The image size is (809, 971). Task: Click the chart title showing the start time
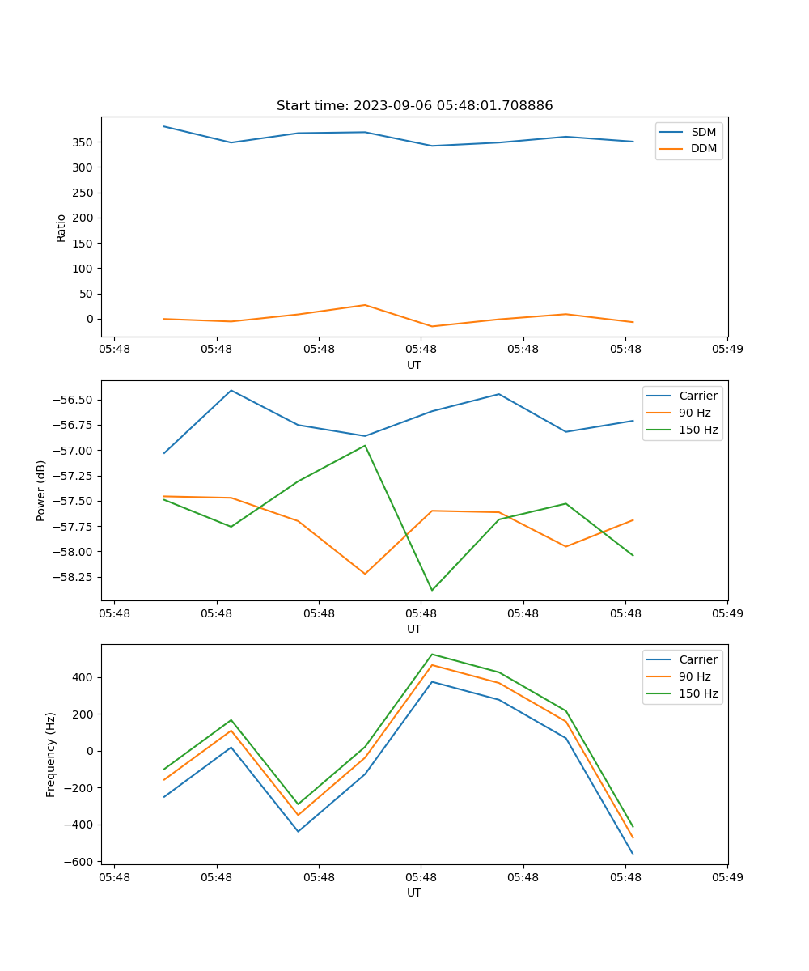414,106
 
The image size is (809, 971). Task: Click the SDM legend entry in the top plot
703,132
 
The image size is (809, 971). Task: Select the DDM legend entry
703,149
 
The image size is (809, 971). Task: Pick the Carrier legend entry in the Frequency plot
697,659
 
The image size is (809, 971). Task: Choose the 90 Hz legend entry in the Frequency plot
694,676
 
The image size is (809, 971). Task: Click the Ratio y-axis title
61,227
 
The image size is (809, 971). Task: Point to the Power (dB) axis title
41,490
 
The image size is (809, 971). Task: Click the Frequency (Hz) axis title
51,754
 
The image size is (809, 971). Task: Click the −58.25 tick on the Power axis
71,578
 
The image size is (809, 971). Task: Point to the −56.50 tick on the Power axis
71,401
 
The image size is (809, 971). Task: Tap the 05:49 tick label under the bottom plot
727,876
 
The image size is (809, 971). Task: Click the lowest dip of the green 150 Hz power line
432,590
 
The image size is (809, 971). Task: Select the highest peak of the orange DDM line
365,305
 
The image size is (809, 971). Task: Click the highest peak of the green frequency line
432,654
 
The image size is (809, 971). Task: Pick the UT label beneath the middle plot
414,629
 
